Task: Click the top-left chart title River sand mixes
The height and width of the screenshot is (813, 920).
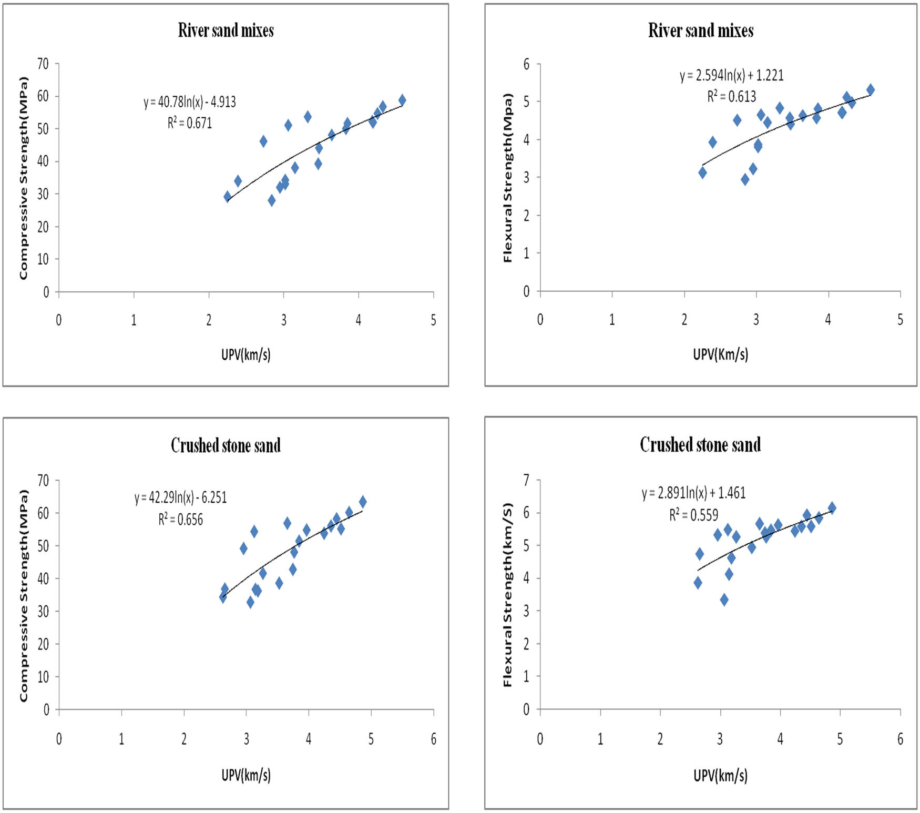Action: pos(226,30)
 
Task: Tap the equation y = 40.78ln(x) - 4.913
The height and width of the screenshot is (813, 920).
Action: pos(190,101)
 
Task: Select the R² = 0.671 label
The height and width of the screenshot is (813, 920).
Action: pos(190,123)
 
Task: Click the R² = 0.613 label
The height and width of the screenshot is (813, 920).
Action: pos(731,96)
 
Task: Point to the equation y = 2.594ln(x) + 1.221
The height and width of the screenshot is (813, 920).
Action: pos(731,75)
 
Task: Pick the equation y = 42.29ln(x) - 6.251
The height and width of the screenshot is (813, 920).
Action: pos(180,497)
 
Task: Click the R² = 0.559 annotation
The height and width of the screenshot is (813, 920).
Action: pos(693,515)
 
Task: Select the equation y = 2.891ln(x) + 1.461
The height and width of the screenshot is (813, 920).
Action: pos(693,493)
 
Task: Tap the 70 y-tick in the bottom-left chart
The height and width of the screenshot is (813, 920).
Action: pos(43,480)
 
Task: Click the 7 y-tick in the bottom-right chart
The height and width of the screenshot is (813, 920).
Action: pos(526,480)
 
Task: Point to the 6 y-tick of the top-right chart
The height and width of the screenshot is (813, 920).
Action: pos(526,64)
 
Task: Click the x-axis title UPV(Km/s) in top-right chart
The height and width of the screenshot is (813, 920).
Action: pos(720,354)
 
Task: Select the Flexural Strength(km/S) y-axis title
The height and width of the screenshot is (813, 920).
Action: pos(507,595)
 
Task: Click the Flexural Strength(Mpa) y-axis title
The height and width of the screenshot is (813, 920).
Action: pos(507,178)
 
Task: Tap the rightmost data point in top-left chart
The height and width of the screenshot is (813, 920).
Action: pos(402,100)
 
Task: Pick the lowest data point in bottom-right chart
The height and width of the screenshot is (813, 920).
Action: pos(724,599)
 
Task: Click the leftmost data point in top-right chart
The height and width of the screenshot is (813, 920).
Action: pos(702,172)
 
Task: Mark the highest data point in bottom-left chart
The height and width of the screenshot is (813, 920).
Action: pos(363,502)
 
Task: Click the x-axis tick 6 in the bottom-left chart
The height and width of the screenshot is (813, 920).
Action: pos(433,739)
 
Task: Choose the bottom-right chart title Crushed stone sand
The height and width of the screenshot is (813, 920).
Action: pos(700,445)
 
